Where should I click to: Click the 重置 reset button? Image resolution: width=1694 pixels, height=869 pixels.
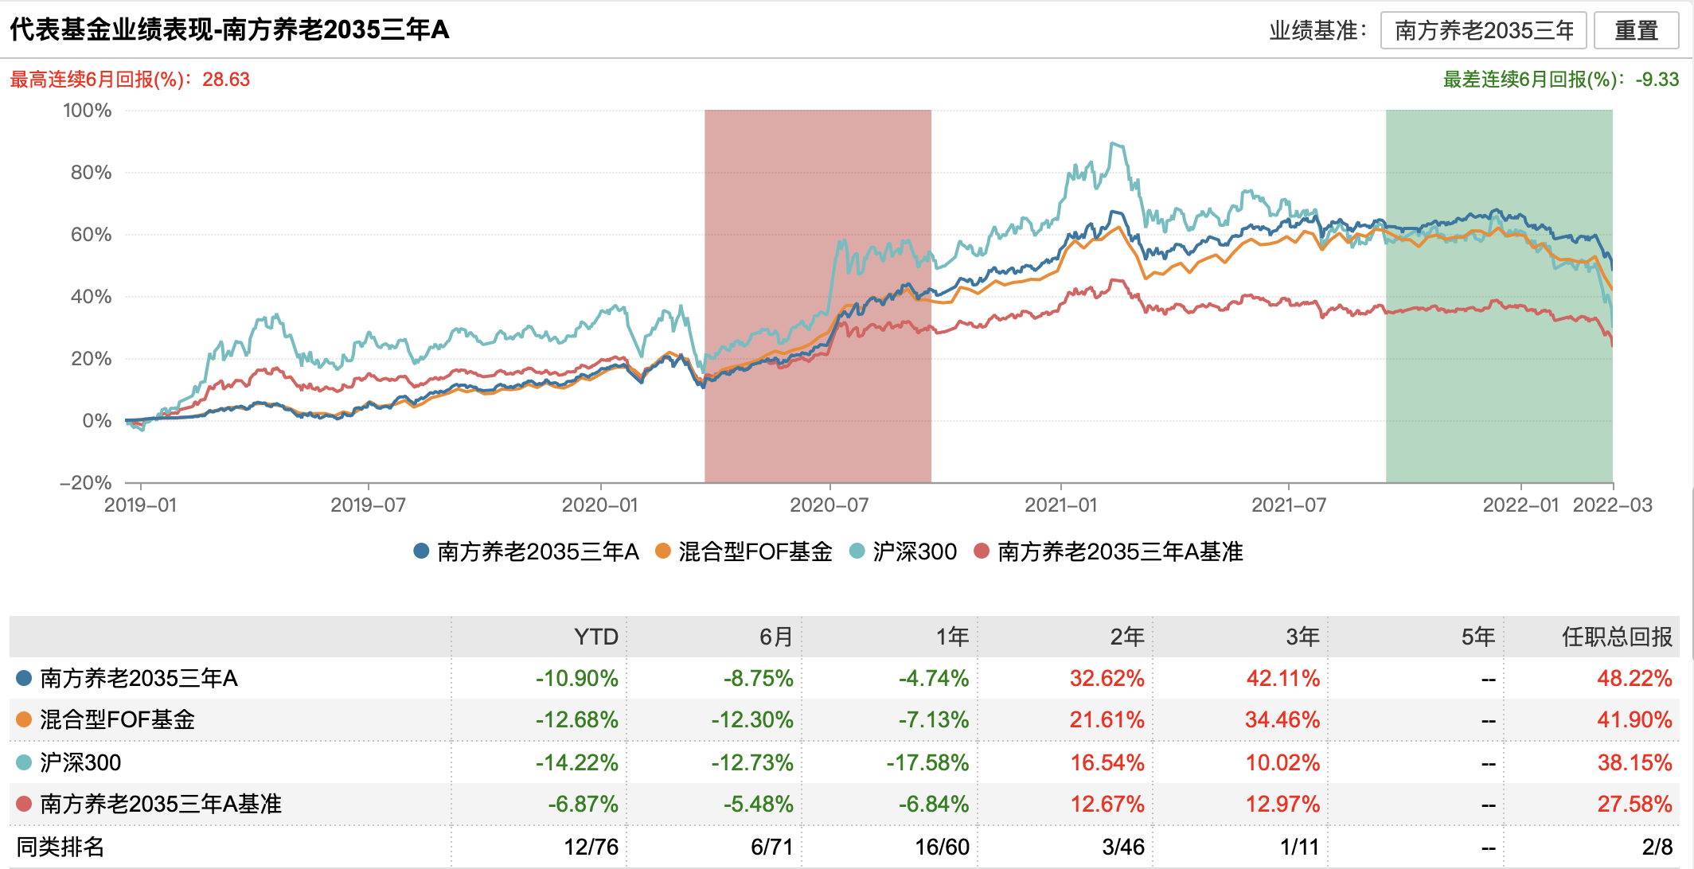pyautogui.click(x=1636, y=30)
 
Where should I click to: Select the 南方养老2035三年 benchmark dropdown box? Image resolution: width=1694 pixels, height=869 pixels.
pyautogui.click(x=1484, y=30)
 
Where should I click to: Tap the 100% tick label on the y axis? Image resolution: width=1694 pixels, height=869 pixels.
pyautogui.click(x=88, y=111)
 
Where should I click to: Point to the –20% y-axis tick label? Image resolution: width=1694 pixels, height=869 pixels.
pyautogui.click(x=86, y=483)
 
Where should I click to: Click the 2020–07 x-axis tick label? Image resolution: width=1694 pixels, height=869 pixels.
pyautogui.click(x=829, y=505)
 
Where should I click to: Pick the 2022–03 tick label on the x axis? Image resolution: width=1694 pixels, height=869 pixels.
pyautogui.click(x=1613, y=505)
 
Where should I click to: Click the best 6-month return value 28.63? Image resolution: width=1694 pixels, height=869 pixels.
pyautogui.click(x=226, y=80)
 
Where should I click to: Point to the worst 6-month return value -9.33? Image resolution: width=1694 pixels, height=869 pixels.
pyautogui.click(x=1657, y=80)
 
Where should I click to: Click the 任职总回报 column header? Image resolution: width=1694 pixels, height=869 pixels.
pyautogui.click(x=1617, y=637)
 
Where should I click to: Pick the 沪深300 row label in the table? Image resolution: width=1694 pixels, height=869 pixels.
pyautogui.click(x=80, y=762)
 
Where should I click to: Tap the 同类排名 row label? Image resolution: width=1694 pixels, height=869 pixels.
pyautogui.click(x=60, y=847)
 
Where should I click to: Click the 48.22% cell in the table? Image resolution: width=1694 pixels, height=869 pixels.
pyautogui.click(x=1633, y=678)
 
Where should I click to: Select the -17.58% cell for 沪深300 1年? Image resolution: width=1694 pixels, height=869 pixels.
pyautogui.click(x=927, y=762)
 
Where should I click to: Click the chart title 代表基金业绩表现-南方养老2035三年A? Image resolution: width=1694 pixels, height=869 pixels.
pyautogui.click(x=229, y=29)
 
